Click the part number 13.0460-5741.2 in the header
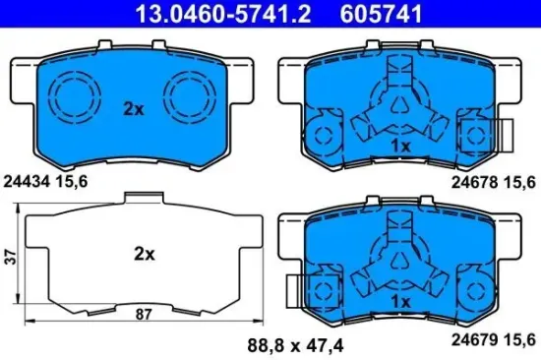(x=202, y=14)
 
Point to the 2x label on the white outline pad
(x=145, y=254)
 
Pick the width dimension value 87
(x=145, y=316)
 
